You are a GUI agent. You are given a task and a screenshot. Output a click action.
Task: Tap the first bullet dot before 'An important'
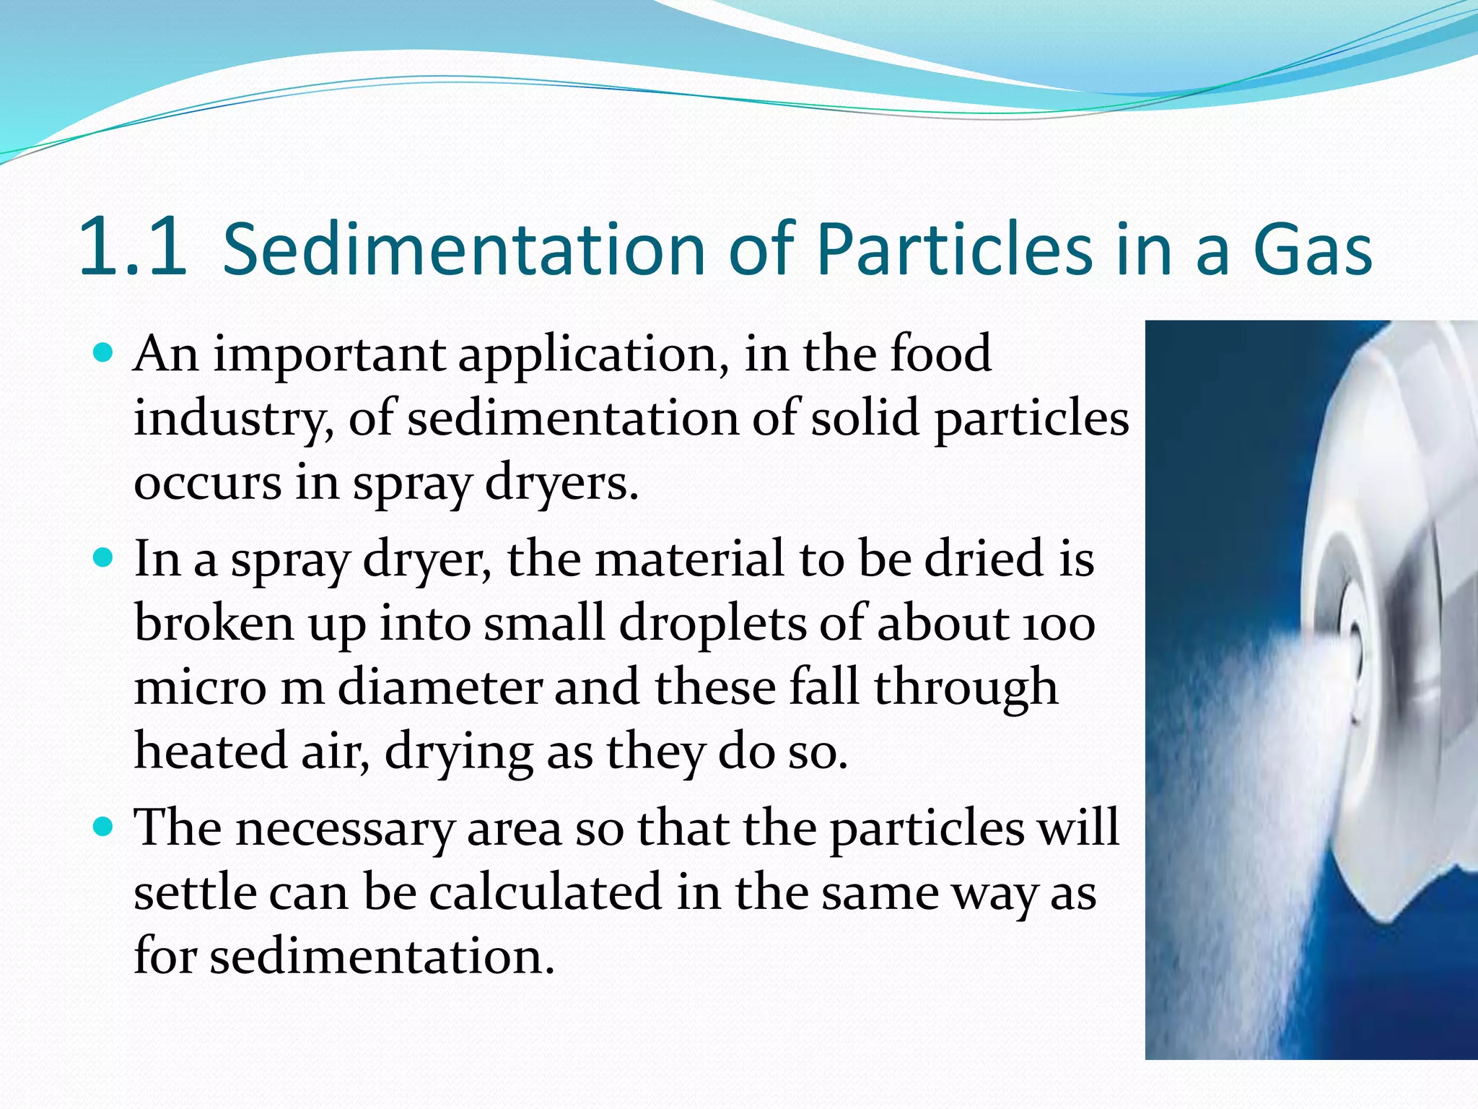(x=105, y=353)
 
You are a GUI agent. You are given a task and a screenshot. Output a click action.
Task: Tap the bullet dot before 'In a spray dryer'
(x=105, y=558)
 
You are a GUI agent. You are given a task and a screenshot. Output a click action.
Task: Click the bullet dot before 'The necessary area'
(x=105, y=827)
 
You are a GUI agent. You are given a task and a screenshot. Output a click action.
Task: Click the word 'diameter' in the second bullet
(x=440, y=687)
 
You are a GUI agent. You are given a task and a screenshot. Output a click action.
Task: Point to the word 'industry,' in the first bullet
(x=234, y=419)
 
